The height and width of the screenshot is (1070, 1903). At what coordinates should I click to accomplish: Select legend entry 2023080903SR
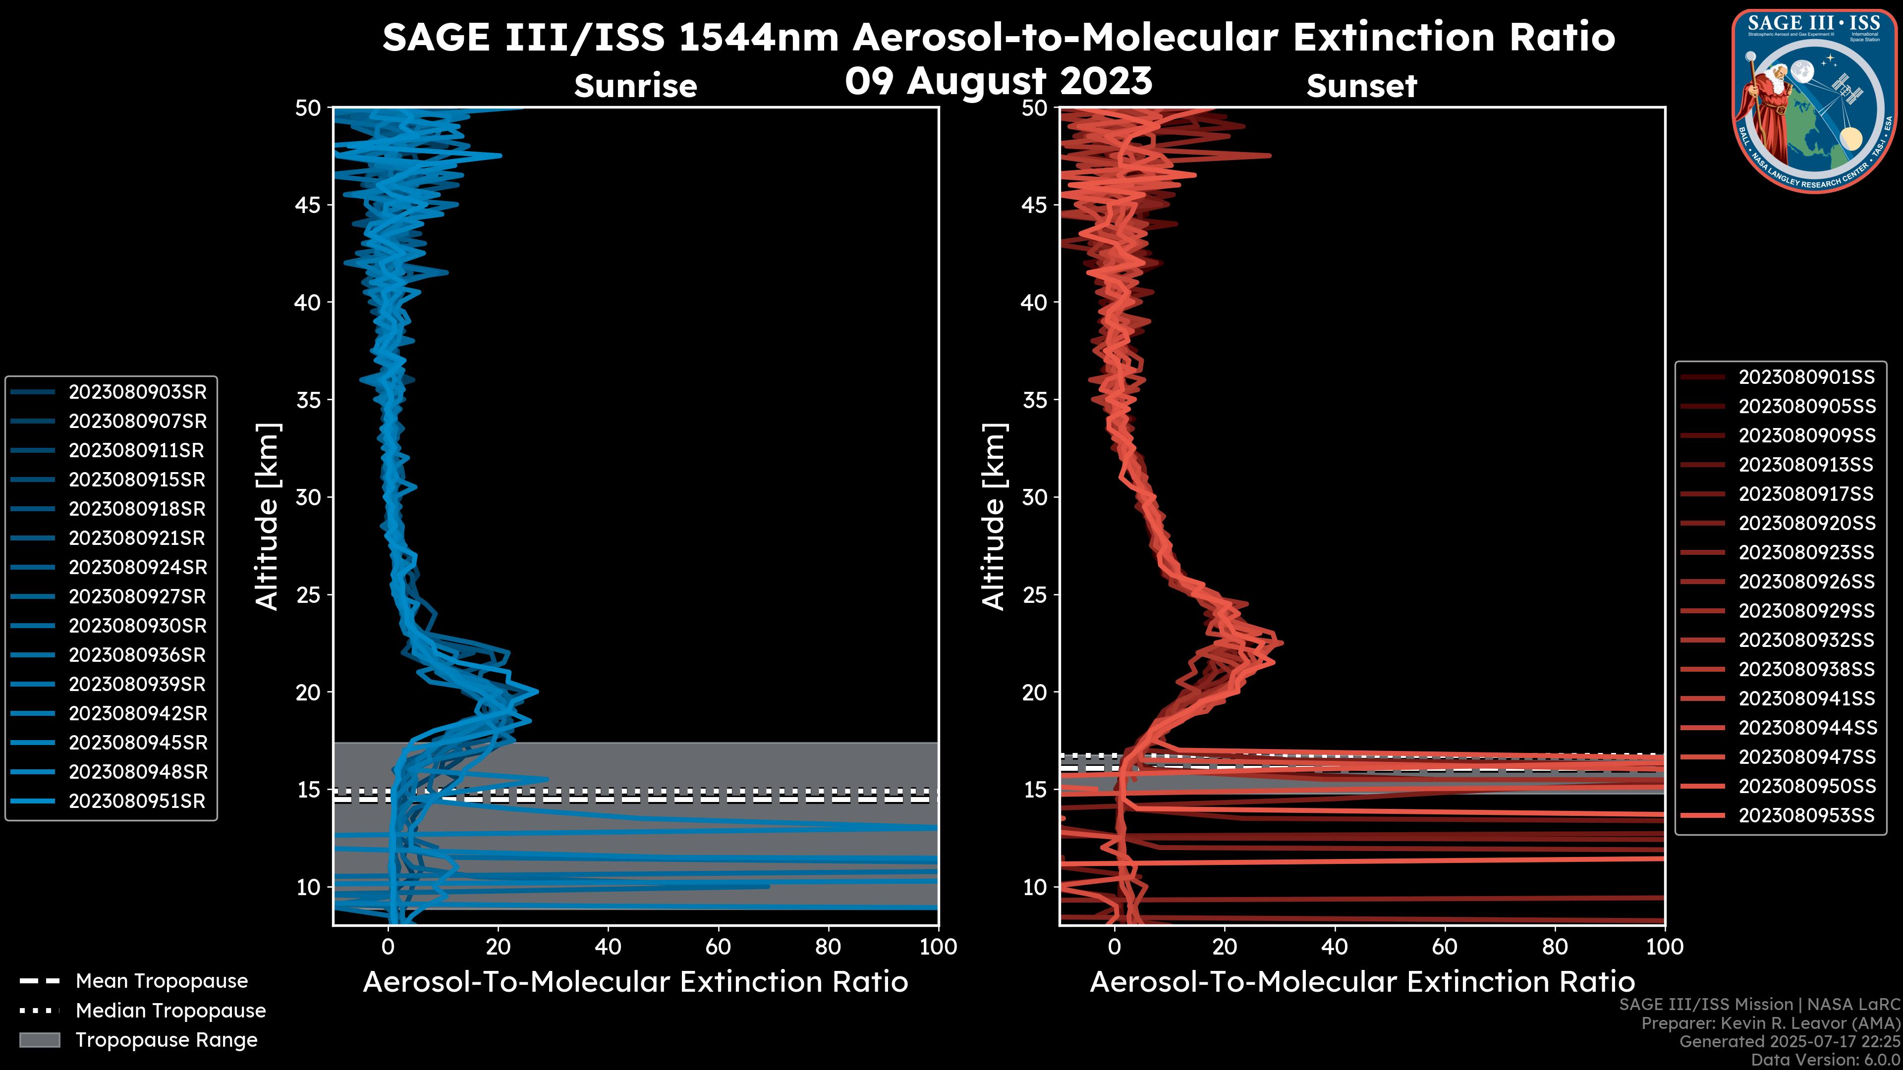(137, 392)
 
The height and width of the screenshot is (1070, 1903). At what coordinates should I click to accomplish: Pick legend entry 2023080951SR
(137, 801)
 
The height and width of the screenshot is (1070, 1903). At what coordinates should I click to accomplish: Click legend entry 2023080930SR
(137, 626)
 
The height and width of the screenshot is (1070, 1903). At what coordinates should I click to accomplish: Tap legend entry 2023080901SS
(1806, 377)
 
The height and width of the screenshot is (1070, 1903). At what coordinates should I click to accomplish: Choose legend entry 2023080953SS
(1806, 815)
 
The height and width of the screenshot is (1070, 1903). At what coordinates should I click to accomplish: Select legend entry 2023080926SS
(1806, 582)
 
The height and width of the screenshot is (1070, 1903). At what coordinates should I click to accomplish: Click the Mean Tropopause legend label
(162, 981)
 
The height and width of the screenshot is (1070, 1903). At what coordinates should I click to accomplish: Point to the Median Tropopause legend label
(170, 1011)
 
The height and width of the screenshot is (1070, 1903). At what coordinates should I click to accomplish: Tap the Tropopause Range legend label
(166, 1040)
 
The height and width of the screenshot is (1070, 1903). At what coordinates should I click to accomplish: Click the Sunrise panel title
(635, 86)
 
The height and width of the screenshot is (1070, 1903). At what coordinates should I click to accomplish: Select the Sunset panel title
(1361, 86)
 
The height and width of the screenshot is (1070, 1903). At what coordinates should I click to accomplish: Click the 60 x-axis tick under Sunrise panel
(718, 947)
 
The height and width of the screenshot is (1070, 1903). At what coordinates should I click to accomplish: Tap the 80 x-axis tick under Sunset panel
(1555, 947)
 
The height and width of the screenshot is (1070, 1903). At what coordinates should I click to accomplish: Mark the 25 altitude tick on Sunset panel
(1035, 595)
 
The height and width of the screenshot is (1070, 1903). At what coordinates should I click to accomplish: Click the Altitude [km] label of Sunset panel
(994, 517)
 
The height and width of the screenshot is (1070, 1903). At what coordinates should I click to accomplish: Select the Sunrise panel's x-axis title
(635, 982)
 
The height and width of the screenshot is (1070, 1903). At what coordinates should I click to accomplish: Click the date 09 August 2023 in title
(998, 81)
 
